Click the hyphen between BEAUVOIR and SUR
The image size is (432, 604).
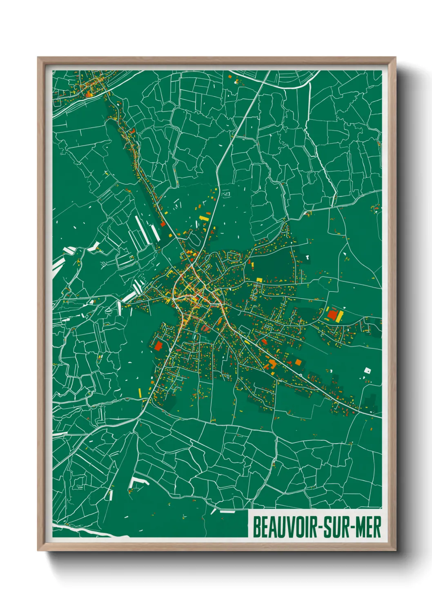pyautogui.click(x=320, y=527)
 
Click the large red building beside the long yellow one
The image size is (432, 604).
pyautogui.click(x=332, y=314)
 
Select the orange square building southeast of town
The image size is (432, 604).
pyautogui.click(x=298, y=362)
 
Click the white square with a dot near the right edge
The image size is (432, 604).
pyautogui.click(x=367, y=371)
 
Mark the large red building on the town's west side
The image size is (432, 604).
pyautogui.click(x=159, y=346)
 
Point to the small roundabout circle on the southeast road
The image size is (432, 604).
pyautogui.click(x=301, y=375)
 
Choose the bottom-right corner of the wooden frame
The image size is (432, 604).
pyautogui.click(x=395, y=550)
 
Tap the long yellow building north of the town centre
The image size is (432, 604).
pyautogui.click(x=203, y=219)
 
